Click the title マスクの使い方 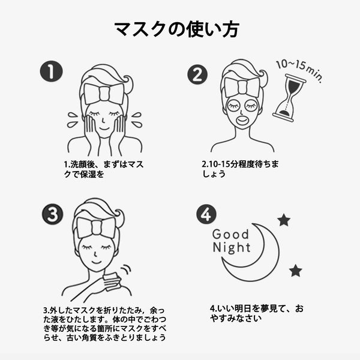tap(179, 29)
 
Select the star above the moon tap(283, 220)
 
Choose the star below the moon tap(295, 271)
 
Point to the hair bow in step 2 tap(243, 87)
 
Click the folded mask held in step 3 tap(112, 281)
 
